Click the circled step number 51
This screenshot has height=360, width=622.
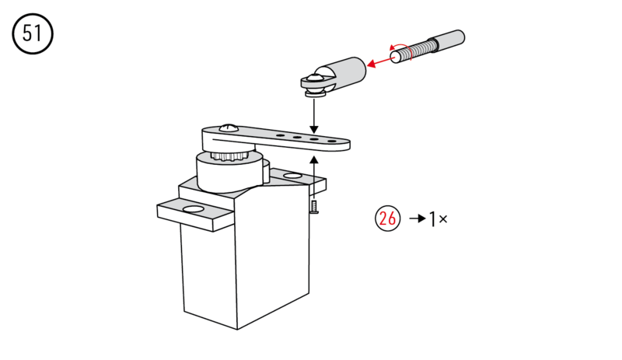pos(33,36)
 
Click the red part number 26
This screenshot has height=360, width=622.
pos(387,218)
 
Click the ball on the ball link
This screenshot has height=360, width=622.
pos(314,79)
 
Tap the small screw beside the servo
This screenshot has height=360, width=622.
pos(313,205)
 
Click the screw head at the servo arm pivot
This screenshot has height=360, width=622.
pos(228,127)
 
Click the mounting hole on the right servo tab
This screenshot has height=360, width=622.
pos(293,178)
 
